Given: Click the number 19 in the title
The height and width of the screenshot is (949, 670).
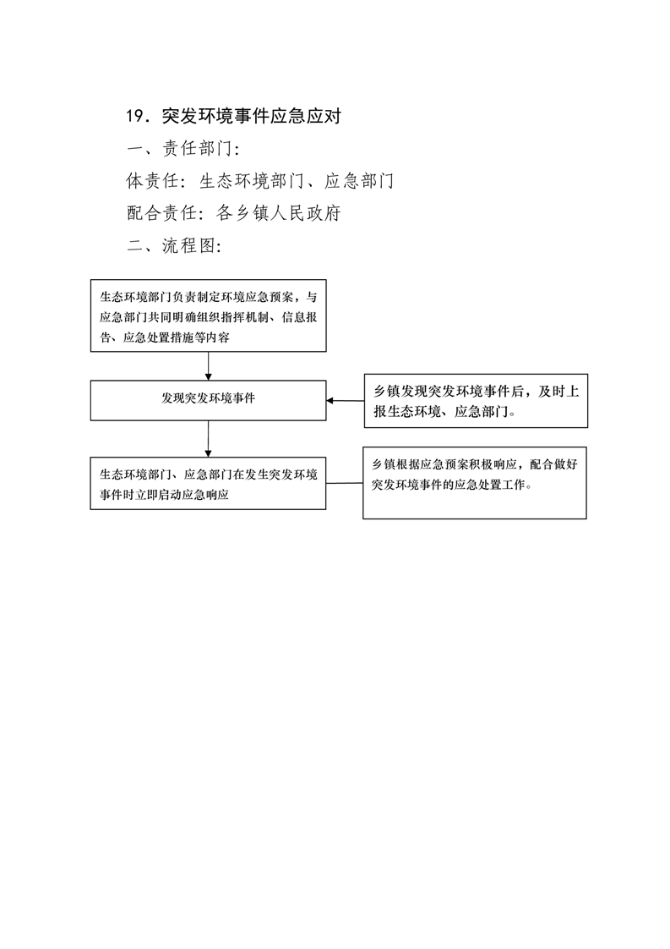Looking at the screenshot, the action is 133,116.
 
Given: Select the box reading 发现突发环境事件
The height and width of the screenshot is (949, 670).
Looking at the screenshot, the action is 208,400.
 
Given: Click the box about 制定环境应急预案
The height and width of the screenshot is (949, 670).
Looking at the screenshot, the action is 208,315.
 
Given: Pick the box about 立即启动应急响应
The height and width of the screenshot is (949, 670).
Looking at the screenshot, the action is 208,483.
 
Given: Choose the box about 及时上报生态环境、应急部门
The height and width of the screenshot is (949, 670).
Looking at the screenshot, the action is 476,401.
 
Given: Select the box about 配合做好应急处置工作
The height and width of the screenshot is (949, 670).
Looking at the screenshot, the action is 475,483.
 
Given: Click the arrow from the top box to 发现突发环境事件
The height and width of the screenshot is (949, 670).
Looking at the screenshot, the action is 208,366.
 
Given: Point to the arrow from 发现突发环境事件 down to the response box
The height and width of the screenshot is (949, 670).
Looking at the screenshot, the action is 208,439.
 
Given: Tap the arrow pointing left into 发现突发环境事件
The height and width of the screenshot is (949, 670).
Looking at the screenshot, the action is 346,400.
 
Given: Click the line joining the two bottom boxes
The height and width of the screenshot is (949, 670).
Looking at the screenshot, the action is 345,483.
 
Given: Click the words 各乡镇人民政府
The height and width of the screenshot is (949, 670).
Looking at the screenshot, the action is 279,213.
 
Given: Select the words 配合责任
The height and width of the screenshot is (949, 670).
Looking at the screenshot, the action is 161,213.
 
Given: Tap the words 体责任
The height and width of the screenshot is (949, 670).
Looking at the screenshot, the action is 152,180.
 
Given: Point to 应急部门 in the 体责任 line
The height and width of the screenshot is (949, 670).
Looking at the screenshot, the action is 359,180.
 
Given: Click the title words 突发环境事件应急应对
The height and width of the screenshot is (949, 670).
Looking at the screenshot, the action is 252,116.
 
